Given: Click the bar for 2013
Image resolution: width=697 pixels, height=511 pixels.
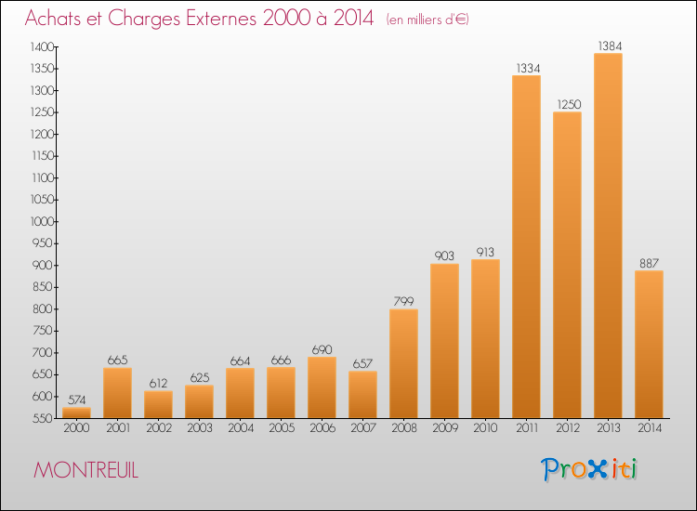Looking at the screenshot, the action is (x=608, y=235).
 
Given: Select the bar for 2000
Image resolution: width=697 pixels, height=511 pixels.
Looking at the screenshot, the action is (x=76, y=413).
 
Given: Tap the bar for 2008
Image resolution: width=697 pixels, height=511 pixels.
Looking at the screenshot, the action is (x=403, y=363).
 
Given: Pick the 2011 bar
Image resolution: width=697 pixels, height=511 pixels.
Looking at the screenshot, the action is (x=526, y=246).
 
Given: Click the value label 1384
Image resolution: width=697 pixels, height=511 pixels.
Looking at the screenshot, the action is (x=610, y=46).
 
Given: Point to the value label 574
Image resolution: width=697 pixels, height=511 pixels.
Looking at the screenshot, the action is (x=77, y=400).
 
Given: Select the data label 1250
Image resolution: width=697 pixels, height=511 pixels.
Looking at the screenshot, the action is (x=569, y=104).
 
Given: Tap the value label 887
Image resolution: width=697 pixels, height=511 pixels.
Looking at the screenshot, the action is (x=649, y=263).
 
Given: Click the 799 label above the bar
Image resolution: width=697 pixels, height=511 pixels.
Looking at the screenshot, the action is (x=403, y=301).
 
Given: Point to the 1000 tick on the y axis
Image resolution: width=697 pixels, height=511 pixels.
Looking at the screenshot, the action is (x=43, y=221).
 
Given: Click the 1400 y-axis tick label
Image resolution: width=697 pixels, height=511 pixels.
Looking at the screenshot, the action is (x=43, y=46).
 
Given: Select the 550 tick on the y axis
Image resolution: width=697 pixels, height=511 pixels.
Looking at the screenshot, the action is (x=44, y=418).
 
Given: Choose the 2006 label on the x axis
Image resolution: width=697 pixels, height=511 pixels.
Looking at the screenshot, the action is (x=322, y=428).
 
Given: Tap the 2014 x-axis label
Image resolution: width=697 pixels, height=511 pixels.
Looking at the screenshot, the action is (x=650, y=428).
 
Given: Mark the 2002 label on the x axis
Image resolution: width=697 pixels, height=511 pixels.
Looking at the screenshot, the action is (x=159, y=428).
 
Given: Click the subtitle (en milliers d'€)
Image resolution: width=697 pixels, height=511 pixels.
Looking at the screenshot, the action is (x=427, y=20).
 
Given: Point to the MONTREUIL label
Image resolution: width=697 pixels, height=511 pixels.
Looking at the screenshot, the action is (x=85, y=470).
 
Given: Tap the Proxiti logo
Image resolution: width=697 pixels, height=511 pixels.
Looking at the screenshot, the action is (x=588, y=469).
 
